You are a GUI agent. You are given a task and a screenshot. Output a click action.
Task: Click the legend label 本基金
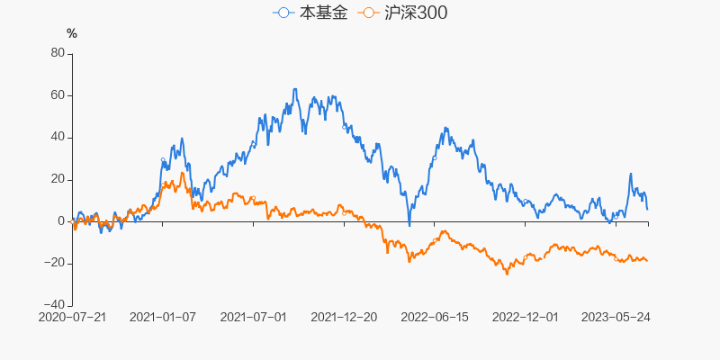tap(323, 13)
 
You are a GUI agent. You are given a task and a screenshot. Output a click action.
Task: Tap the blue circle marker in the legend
tap(284, 13)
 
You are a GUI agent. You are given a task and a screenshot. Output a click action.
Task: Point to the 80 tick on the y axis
tap(57, 53)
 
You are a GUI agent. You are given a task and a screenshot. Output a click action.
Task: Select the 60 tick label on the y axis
tap(57, 95)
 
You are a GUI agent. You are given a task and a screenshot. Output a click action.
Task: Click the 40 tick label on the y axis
tap(57, 137)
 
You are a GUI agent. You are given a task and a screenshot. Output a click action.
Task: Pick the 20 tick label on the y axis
tap(57, 179)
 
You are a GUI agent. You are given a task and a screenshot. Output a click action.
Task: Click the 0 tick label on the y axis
tap(60, 221)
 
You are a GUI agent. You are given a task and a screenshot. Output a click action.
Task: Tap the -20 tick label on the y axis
tap(54, 263)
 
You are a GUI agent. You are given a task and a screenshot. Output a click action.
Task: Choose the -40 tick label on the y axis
tap(54, 305)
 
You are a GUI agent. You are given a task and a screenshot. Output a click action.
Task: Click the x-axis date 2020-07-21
tap(73, 318)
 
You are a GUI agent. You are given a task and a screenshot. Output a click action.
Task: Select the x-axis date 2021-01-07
tap(163, 318)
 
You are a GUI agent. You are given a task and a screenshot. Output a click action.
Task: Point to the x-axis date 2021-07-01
tap(253, 318)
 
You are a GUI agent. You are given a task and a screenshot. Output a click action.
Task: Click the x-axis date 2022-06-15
tap(435, 318)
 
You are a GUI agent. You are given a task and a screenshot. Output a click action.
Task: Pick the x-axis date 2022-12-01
tap(526, 318)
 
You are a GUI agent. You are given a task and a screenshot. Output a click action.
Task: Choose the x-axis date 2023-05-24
tap(616, 318)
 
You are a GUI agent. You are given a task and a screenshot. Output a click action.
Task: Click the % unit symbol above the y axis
tap(72, 33)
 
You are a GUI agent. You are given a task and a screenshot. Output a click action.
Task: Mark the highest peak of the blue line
tap(295, 89)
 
